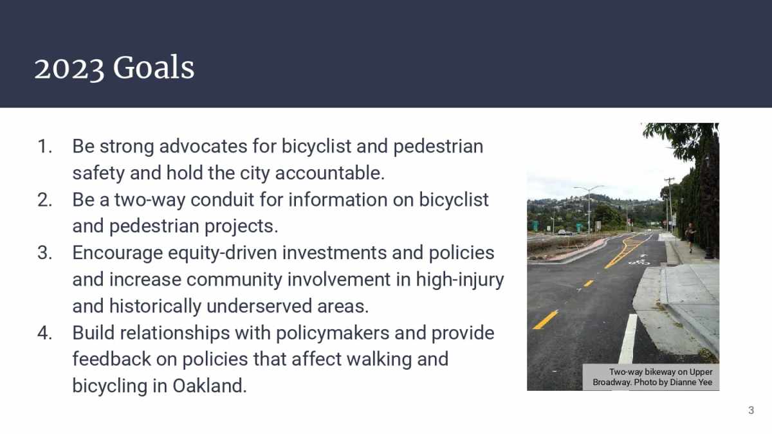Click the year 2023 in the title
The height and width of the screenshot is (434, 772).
pyautogui.click(x=69, y=68)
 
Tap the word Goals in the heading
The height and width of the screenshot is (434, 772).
pyautogui.click(x=153, y=68)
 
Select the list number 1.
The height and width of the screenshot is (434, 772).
pyautogui.click(x=44, y=147)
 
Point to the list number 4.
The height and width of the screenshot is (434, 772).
pyautogui.click(x=44, y=333)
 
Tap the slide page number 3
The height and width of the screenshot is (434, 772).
pyautogui.click(x=751, y=410)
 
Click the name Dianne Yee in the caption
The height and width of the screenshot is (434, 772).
pyautogui.click(x=692, y=383)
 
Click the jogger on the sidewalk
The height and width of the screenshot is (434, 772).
pyautogui.click(x=690, y=235)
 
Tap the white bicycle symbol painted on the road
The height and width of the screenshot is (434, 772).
pyautogui.click(x=639, y=260)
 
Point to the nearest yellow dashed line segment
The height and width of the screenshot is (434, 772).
pyautogui.click(x=546, y=320)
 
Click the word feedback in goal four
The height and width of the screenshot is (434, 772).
pyautogui.click(x=111, y=359)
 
